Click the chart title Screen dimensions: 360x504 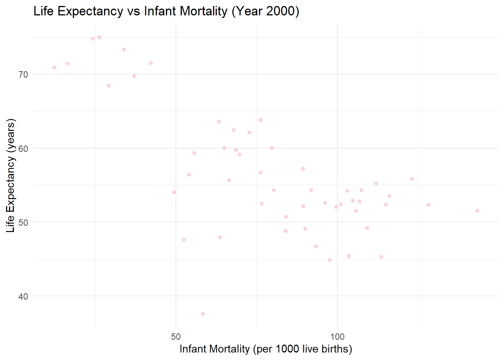point(166,11)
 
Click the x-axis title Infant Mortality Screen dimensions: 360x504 point(265,349)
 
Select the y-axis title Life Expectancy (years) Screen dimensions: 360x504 point(10,175)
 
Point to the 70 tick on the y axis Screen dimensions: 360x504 point(23,75)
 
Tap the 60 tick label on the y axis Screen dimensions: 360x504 point(23,148)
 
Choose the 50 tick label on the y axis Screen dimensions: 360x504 point(23,222)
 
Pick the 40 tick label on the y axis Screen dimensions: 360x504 point(23,297)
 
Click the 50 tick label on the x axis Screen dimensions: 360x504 point(176,337)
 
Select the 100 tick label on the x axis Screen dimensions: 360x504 point(337,337)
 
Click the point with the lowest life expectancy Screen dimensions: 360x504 point(203,314)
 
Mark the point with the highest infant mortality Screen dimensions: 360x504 point(477,211)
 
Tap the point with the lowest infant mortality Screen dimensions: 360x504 point(54,67)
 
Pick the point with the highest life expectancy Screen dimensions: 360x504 point(99,37)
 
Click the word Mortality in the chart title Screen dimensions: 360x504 point(203,11)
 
